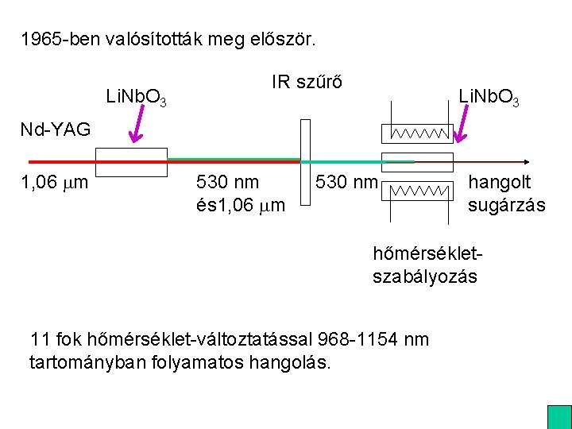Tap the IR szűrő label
pos(307,82)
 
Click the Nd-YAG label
pos(56,129)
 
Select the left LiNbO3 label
pos(136,99)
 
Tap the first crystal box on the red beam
pos(137,161)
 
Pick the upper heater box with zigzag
pos(417,133)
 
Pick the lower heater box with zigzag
pos(418,191)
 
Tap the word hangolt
pos(499,183)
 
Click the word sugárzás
pos(506,205)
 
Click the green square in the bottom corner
pos(558,417)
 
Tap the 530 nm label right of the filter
pos(346,183)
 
